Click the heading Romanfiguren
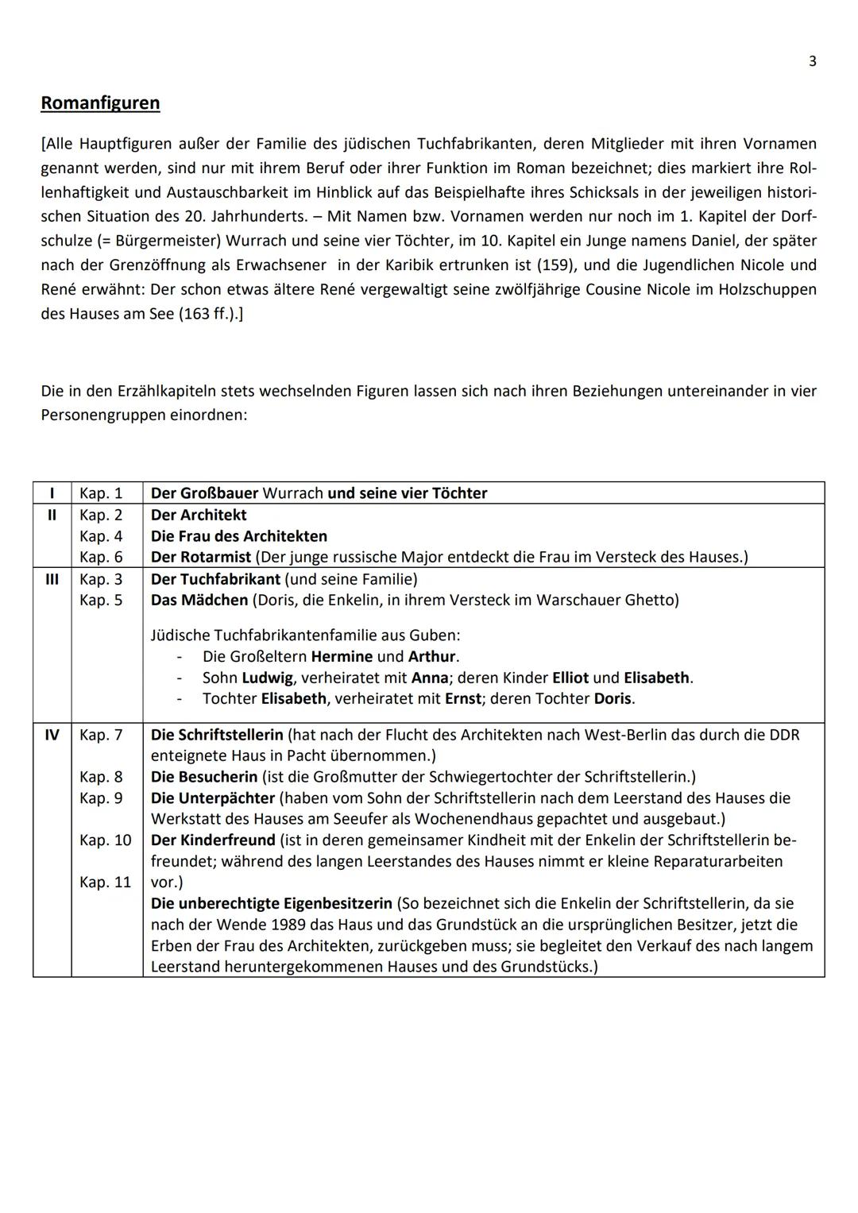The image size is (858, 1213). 100,103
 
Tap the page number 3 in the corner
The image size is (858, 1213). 812,61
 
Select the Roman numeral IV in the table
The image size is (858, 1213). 52,735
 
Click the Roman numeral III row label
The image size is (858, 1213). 52,579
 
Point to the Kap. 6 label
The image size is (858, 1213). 101,557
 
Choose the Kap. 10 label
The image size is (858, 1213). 105,840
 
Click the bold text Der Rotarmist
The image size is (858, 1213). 201,557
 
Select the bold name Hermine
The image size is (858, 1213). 342,656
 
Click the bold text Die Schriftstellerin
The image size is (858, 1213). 217,735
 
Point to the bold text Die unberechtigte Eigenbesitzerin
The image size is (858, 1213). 272,903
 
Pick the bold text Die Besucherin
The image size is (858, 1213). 204,777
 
